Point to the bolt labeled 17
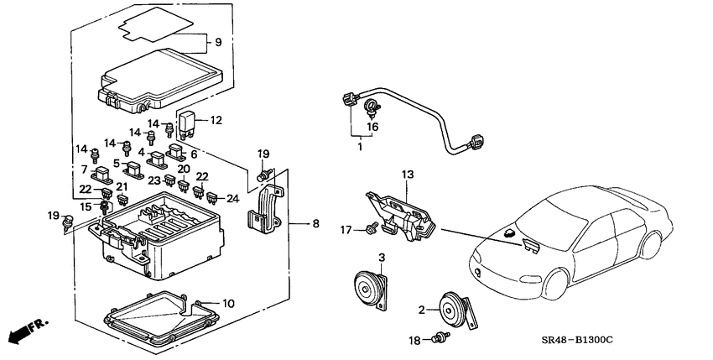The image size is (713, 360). tap(369, 227)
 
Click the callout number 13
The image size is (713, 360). tap(408, 174)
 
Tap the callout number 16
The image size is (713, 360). tap(372, 126)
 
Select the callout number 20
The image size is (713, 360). tap(184, 169)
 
